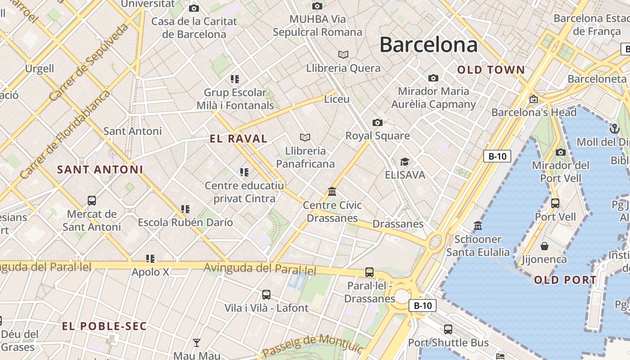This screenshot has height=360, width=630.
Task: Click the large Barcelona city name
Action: click(x=428, y=45)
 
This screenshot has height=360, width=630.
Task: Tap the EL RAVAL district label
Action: click(x=238, y=139)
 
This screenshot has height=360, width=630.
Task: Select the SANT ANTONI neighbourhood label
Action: click(x=100, y=170)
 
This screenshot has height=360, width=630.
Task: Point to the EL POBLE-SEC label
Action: click(x=104, y=326)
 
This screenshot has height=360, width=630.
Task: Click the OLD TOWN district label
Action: click(x=491, y=70)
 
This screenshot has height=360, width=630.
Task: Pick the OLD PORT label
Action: click(x=565, y=280)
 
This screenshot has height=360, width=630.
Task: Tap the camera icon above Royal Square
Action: click(x=378, y=122)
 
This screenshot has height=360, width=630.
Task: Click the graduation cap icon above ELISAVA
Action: click(x=405, y=162)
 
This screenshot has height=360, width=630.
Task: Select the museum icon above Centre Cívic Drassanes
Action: click(x=332, y=192)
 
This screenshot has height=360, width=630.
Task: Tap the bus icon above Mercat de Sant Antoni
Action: click(x=92, y=201)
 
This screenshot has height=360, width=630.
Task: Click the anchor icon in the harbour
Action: click(x=614, y=129)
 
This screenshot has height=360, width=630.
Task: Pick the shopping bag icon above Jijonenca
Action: click(x=544, y=246)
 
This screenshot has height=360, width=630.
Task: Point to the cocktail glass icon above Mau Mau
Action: click(x=197, y=343)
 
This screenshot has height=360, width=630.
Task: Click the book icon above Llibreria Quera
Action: click(x=343, y=54)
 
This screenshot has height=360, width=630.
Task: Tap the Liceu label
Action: click(x=337, y=99)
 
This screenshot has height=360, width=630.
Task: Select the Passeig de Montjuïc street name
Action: click(x=312, y=345)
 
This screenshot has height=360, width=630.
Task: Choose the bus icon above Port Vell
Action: click(x=555, y=203)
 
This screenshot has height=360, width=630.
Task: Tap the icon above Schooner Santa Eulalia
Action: click(x=478, y=225)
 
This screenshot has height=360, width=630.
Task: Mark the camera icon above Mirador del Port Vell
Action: click(x=560, y=153)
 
